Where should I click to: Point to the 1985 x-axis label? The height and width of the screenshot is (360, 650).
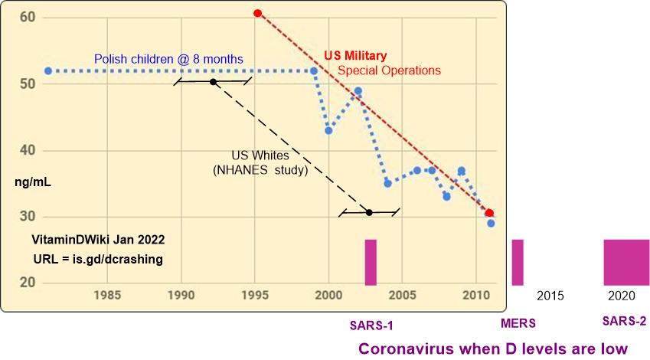pos(106,295)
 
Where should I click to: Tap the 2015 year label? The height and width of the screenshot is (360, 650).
pos(550,295)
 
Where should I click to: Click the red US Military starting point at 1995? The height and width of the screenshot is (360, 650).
pos(258,13)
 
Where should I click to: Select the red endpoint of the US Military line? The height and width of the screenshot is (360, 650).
pos(489,213)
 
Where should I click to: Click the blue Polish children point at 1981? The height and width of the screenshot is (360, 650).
pos(47,70)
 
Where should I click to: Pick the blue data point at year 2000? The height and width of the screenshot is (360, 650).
pos(328,130)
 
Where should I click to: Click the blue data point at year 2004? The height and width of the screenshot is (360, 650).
pos(388,183)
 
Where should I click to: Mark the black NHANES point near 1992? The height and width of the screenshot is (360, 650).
pos(213,82)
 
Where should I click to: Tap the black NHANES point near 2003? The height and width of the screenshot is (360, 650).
pos(369,212)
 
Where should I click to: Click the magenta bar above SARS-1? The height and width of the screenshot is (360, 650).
pos(371,262)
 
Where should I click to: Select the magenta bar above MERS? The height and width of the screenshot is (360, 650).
pos(518,262)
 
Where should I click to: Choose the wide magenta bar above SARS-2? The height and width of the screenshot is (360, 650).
pos(626,262)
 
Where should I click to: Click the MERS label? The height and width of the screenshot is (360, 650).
pos(518,322)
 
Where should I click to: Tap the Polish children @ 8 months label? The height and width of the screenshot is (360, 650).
pos(168,58)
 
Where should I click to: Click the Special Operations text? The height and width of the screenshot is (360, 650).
pos(390,70)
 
